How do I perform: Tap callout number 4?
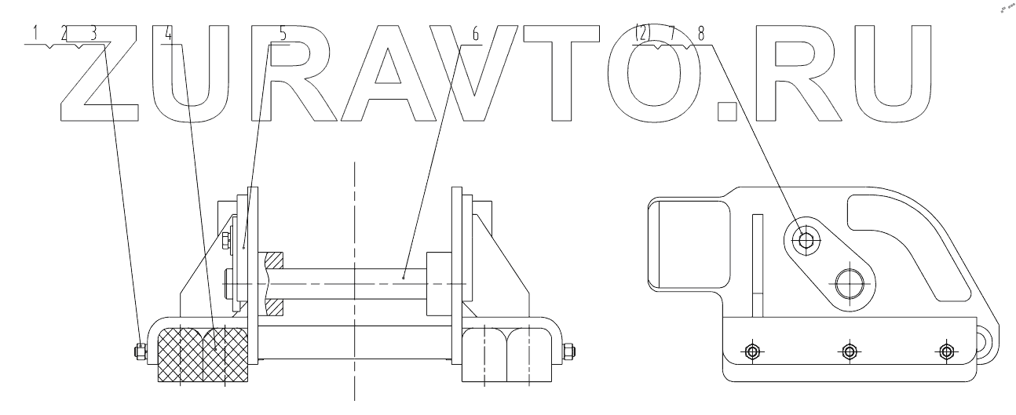[x=168, y=34]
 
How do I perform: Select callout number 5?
[x=283, y=34]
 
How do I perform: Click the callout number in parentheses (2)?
[x=643, y=34]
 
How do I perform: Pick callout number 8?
[x=702, y=34]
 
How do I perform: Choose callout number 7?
[x=673, y=34]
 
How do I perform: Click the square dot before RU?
[x=728, y=113]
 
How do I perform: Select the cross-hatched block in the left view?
[x=203, y=355]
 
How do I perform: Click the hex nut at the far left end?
[x=141, y=352]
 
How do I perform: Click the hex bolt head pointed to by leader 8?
[x=803, y=238]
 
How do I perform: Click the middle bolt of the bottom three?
[x=848, y=351]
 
